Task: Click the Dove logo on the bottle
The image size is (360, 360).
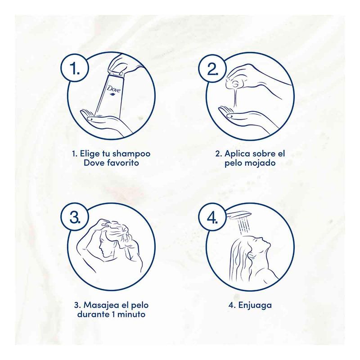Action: tap(114, 90)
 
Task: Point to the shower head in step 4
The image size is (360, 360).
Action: tap(239, 215)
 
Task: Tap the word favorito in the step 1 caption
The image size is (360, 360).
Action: tap(123, 163)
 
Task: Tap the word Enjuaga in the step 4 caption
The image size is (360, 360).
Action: tap(255, 306)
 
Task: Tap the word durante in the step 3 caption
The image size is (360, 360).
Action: tap(93, 314)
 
